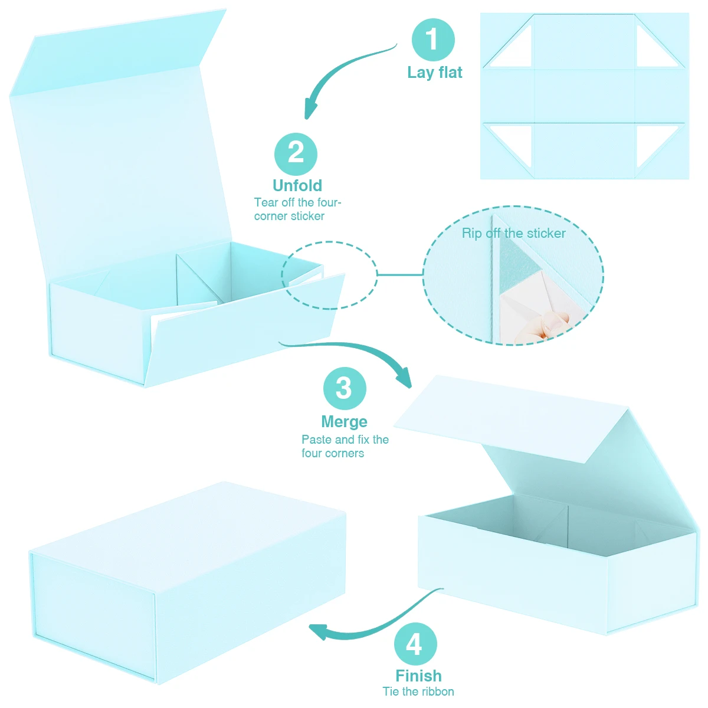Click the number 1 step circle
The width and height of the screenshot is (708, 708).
click(432, 40)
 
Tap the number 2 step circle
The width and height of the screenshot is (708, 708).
click(296, 154)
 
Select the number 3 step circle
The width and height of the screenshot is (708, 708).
click(345, 388)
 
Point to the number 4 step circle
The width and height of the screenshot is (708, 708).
click(415, 644)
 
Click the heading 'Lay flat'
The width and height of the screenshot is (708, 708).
click(434, 73)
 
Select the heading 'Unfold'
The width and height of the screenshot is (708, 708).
click(297, 185)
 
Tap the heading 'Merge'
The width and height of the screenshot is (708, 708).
click(344, 422)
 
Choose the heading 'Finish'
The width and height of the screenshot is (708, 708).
click(418, 676)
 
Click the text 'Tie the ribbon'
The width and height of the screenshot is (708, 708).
click(418, 691)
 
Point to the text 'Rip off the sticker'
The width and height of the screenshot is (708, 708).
click(513, 233)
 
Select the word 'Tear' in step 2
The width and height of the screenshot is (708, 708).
click(266, 202)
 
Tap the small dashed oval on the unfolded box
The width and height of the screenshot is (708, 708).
click(329, 275)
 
